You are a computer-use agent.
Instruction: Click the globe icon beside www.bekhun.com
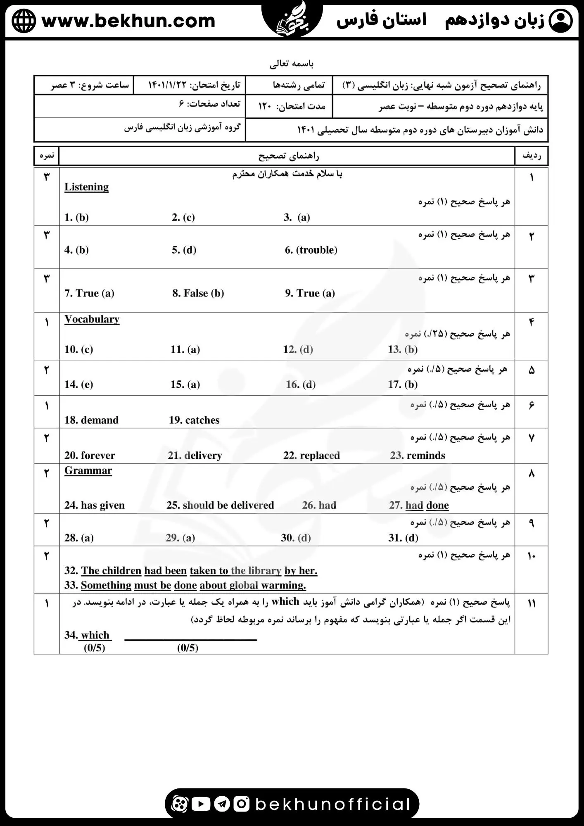click(x=24, y=21)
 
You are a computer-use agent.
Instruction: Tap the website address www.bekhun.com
click(x=128, y=21)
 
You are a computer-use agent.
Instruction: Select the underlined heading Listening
click(x=86, y=187)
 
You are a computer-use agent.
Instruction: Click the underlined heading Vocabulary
click(x=92, y=319)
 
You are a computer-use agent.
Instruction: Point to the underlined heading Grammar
click(x=88, y=471)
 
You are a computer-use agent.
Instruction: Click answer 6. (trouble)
click(x=311, y=250)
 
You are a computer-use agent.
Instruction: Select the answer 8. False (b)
click(x=198, y=293)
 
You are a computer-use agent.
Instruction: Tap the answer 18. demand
click(x=91, y=420)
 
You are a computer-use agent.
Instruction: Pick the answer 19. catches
click(x=194, y=420)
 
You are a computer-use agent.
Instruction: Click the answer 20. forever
click(x=90, y=456)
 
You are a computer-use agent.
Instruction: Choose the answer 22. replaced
click(x=311, y=456)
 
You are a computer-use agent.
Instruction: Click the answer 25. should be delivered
click(x=220, y=505)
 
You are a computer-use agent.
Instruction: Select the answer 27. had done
click(x=419, y=505)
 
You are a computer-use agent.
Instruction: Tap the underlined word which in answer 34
click(x=95, y=635)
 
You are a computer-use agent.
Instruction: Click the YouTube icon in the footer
click(x=201, y=804)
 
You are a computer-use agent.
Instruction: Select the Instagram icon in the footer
click(x=242, y=804)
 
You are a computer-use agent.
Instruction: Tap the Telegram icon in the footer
click(x=222, y=804)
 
